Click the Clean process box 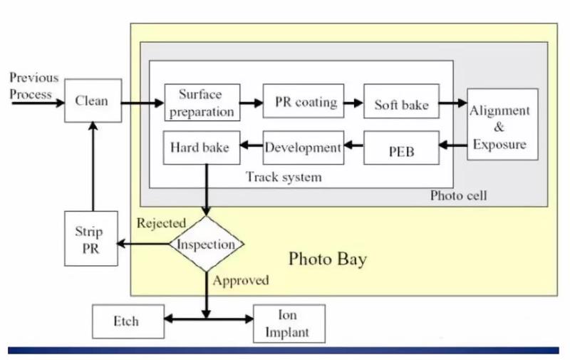coord(91,101)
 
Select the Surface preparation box coord(202,103)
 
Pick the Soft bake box coord(401,103)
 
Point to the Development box coord(303,148)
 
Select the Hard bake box coord(199,148)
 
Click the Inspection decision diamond coord(207,245)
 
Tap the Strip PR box coord(90,239)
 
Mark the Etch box coord(128,322)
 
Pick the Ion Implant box coord(289,323)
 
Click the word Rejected coord(161,222)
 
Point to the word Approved coord(241,280)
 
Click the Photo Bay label coord(327,259)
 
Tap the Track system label coord(284,177)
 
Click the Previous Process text coord(33,86)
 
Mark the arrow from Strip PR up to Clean coord(91,167)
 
